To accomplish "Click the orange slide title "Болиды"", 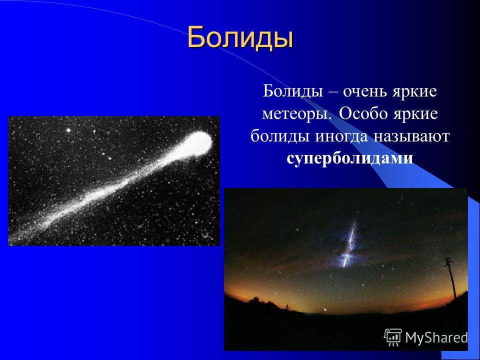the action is tap(240, 37).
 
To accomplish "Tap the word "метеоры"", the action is tap(297, 114).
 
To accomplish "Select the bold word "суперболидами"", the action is tap(350, 158).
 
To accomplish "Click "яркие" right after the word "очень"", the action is tap(414, 91).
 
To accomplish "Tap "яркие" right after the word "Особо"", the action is tap(414, 114).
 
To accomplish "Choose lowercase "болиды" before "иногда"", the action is tap(280, 136).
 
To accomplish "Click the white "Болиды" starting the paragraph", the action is tap(293, 91).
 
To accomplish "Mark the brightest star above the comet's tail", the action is tap(68, 130).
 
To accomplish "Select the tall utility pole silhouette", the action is tap(450, 277).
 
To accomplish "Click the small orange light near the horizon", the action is tap(325, 310).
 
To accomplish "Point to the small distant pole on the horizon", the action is tap(287, 307).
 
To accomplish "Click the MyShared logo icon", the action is tap(393, 337).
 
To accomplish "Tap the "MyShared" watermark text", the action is tap(436, 338).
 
